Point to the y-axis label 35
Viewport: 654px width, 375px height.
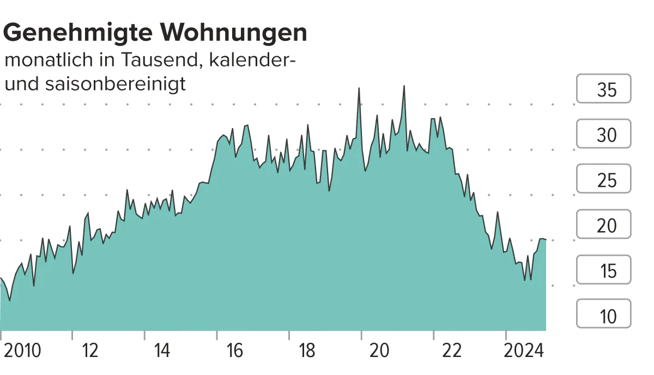[x=606, y=89]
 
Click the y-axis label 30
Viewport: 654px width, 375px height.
[x=606, y=135]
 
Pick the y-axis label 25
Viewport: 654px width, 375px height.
[x=606, y=180]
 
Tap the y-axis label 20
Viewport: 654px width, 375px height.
[x=606, y=225]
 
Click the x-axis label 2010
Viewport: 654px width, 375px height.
[x=22, y=351]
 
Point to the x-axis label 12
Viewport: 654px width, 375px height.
[x=90, y=351]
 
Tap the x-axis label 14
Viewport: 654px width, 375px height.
[x=162, y=351]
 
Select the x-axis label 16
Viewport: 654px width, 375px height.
[x=234, y=351]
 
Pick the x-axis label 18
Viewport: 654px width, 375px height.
[x=307, y=351]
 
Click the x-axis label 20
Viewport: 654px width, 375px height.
[x=379, y=351]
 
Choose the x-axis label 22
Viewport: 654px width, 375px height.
[x=452, y=351]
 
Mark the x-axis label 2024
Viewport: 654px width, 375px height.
[x=523, y=351]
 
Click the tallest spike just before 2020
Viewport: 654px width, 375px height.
[x=359, y=88]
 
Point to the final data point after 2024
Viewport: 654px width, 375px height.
[x=546, y=240]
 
